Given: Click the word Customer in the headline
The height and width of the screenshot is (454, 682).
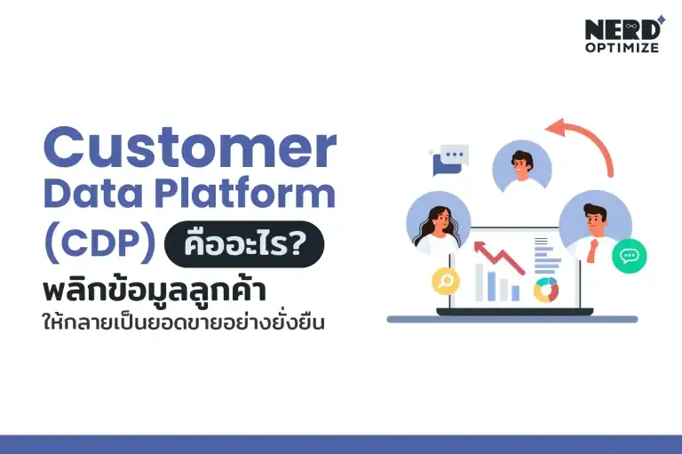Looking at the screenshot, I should tap(190, 148).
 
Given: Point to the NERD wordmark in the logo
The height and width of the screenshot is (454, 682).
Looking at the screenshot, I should tap(620, 29).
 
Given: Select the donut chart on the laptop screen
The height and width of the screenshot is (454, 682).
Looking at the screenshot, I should tap(545, 289).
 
